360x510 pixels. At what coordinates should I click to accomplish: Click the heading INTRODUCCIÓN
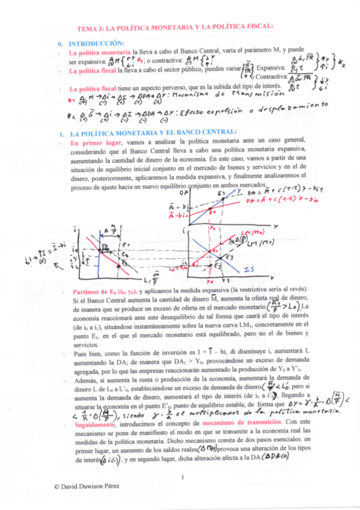[x=97, y=44]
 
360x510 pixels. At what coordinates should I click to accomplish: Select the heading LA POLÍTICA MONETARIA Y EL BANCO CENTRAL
[x=153, y=132]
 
